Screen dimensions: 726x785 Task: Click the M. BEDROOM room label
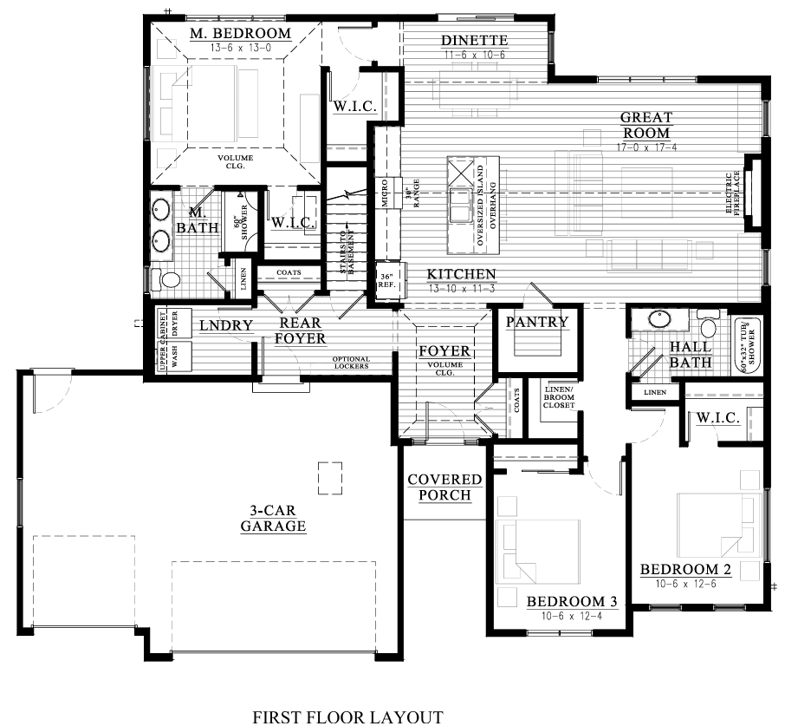click(240, 34)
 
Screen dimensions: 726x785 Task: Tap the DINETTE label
click(474, 41)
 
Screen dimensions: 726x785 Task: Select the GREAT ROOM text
click(646, 125)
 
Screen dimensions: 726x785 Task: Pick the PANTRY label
click(537, 322)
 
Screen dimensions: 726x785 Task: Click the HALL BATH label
click(691, 354)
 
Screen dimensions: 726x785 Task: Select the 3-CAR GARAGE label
click(273, 518)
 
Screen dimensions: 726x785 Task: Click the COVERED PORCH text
click(444, 487)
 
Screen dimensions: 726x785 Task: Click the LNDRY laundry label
click(225, 325)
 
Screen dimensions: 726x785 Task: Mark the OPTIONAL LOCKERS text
click(351, 363)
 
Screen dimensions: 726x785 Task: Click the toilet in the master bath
click(169, 279)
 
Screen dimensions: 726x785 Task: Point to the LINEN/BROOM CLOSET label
click(559, 396)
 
